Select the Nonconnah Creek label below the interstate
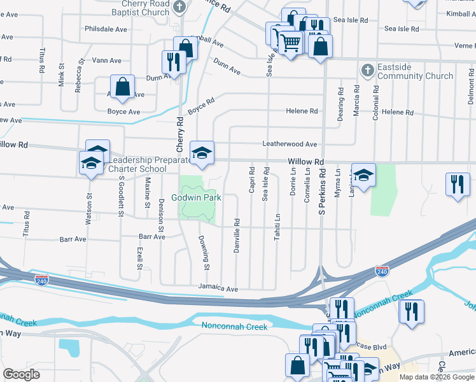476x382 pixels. (x=235, y=327)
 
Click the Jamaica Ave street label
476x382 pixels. (x=217, y=288)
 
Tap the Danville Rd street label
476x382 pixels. (x=237, y=236)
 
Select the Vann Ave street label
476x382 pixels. (x=106, y=60)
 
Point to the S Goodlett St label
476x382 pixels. (x=120, y=190)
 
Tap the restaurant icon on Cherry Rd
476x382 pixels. (x=172, y=61)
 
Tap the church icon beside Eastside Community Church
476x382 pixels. (x=367, y=69)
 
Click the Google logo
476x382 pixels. (x=22, y=374)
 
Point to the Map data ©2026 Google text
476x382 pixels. (x=436, y=377)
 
